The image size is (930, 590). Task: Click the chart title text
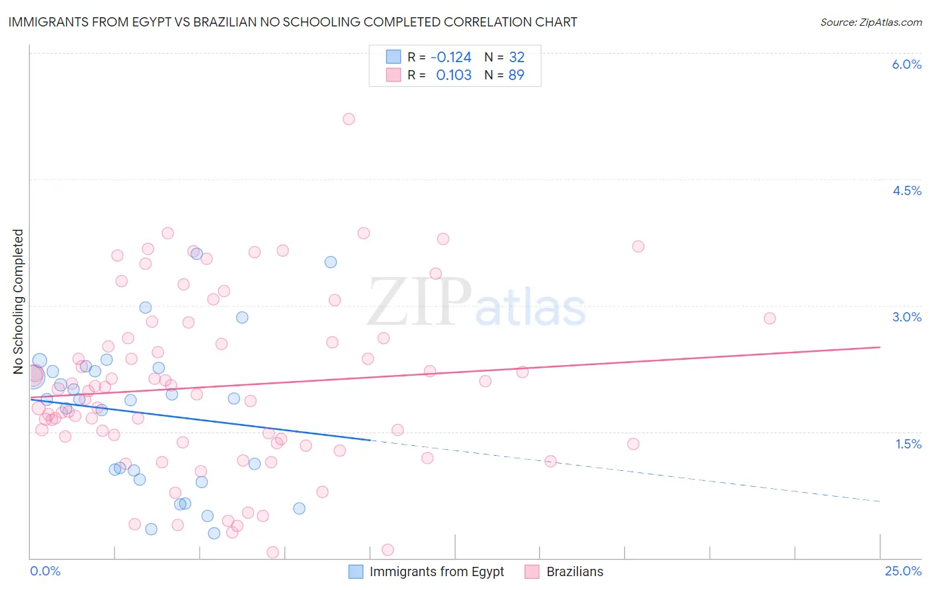tap(292, 22)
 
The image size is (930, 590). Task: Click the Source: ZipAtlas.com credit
tap(870, 22)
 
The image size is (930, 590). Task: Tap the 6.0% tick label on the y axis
tap(906, 64)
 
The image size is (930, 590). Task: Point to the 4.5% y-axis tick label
tap(906, 190)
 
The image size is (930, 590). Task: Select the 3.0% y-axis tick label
tap(906, 317)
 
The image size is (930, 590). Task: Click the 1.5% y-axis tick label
tap(908, 444)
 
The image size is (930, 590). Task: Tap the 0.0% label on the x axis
tap(45, 571)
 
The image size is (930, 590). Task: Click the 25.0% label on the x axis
tap(903, 571)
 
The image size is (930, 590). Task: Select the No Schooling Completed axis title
tap(19, 302)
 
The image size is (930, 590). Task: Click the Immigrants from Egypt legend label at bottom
tap(437, 571)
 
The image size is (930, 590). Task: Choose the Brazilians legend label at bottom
tap(575, 571)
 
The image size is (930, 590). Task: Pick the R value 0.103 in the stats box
tap(454, 75)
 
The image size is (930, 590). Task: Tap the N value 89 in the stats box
tap(516, 75)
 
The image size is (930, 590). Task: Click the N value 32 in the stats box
tap(516, 57)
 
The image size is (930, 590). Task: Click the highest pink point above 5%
tap(349, 119)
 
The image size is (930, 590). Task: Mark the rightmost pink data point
tap(769, 318)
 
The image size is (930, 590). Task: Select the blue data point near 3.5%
tap(331, 262)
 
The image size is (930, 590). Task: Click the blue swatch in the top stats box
tap(394, 57)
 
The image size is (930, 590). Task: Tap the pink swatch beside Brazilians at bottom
tap(532, 571)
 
